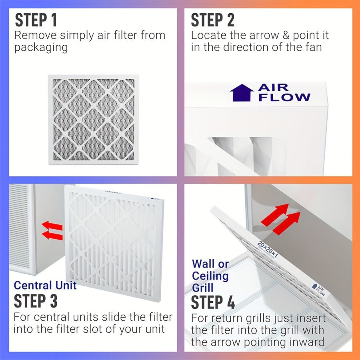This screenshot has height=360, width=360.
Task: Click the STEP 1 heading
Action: pos(36,20)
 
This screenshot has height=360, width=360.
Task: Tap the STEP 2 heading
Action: pos(212,20)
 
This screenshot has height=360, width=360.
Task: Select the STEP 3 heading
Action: pos(36,301)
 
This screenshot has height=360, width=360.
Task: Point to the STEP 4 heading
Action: pos(213,302)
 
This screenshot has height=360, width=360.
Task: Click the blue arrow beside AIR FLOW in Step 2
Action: pos(242,93)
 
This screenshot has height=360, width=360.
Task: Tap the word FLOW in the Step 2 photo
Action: pos(284,97)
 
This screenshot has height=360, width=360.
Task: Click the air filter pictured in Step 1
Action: pos(93,119)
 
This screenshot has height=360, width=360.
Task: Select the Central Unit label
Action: pos(45,286)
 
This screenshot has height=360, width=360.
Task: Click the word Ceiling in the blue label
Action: pos(210,276)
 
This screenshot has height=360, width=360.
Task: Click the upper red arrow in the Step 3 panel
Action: pos(52,226)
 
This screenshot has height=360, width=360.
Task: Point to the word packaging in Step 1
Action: pos(41,47)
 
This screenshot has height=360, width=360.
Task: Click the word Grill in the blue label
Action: pos(203,288)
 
